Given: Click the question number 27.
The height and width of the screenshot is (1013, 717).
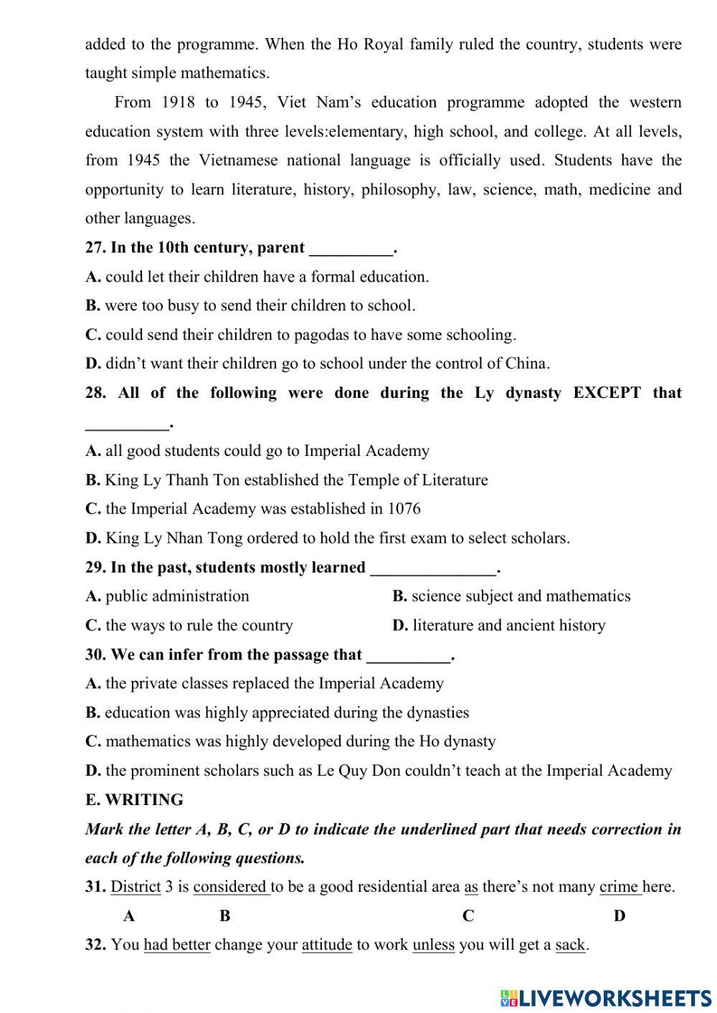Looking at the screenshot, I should [95, 248].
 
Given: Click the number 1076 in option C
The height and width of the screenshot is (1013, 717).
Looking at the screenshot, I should [404, 509].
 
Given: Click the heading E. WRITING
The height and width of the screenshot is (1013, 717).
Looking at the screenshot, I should [134, 800].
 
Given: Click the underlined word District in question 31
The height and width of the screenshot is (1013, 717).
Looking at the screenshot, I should [136, 887].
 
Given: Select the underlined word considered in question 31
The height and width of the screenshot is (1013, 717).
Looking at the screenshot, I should [230, 887].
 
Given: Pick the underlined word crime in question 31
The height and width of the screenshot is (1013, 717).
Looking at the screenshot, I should [619, 887].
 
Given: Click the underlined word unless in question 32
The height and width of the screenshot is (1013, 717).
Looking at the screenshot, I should [433, 945].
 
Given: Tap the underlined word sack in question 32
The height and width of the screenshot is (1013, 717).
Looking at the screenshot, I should [570, 945].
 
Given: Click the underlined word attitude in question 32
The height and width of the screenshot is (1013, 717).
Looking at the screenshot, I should [326, 945].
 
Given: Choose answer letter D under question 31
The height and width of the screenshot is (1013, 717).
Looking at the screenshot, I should [619, 915].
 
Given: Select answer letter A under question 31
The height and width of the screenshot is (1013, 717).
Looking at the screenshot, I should [129, 915].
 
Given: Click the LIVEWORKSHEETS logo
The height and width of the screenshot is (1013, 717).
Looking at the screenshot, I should [606, 997].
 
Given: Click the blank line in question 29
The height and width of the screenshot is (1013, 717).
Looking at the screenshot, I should [433, 569].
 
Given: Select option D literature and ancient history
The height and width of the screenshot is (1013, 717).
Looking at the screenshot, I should [499, 625].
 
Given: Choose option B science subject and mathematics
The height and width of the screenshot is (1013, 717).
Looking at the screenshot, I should [511, 596].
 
